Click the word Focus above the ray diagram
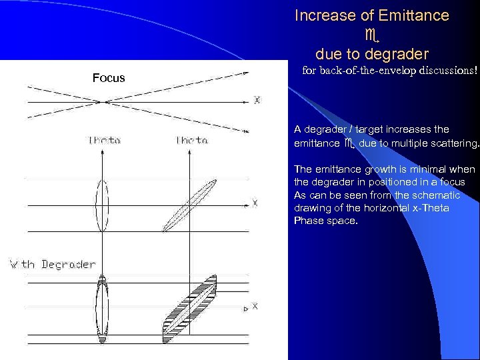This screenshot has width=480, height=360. [x=109, y=78]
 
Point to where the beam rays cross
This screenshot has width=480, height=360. [x=104, y=101]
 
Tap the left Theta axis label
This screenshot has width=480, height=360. [x=105, y=140]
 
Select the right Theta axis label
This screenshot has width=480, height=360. [x=192, y=140]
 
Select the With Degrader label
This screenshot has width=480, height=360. [x=53, y=264]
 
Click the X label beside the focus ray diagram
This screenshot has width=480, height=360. [x=257, y=101]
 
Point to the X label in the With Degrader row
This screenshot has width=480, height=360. [x=254, y=306]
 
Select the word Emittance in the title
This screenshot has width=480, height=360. [x=413, y=15]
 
